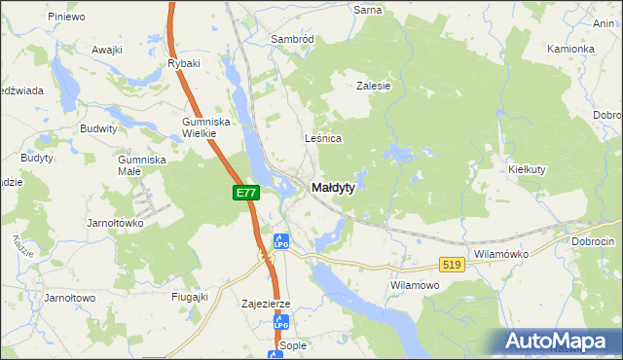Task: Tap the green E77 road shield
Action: [x=246, y=194]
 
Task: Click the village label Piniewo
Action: [x=66, y=17]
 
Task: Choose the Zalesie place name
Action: [x=373, y=86]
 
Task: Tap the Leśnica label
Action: [x=323, y=138]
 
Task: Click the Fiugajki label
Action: [x=190, y=297]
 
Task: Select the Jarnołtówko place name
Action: [x=115, y=222]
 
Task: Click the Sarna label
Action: [x=368, y=9]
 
